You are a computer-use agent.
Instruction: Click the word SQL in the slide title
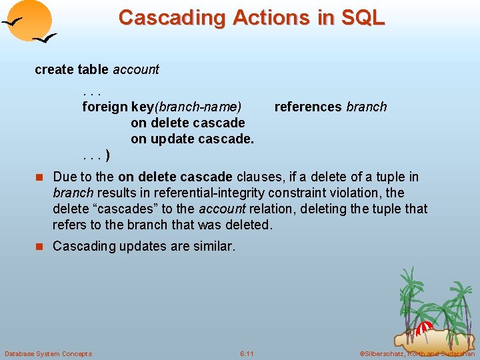click(x=363, y=17)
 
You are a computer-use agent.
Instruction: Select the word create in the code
click(x=54, y=69)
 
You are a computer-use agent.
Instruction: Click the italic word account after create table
click(x=136, y=69)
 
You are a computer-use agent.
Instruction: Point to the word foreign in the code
click(x=105, y=107)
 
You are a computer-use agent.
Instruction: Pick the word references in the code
click(x=308, y=107)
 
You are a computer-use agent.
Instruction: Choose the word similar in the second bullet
click(x=212, y=246)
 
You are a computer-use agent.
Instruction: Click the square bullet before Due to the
click(x=39, y=177)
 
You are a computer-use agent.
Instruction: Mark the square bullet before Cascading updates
click(x=39, y=247)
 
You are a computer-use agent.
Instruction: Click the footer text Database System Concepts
click(x=48, y=353)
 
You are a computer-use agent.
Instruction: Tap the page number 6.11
click(x=246, y=353)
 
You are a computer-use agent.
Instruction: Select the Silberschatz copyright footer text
click(x=417, y=353)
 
